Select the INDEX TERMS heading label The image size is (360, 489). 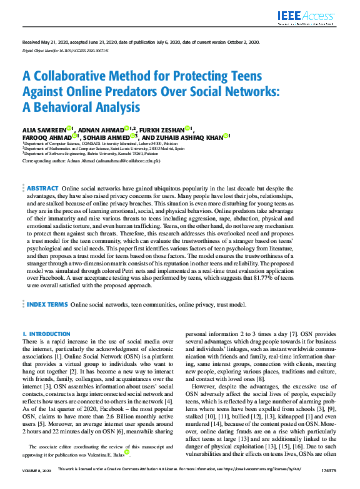pos(47,305)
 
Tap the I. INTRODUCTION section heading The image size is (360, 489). pos(46,334)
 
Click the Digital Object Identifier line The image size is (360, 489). pos(57,49)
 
